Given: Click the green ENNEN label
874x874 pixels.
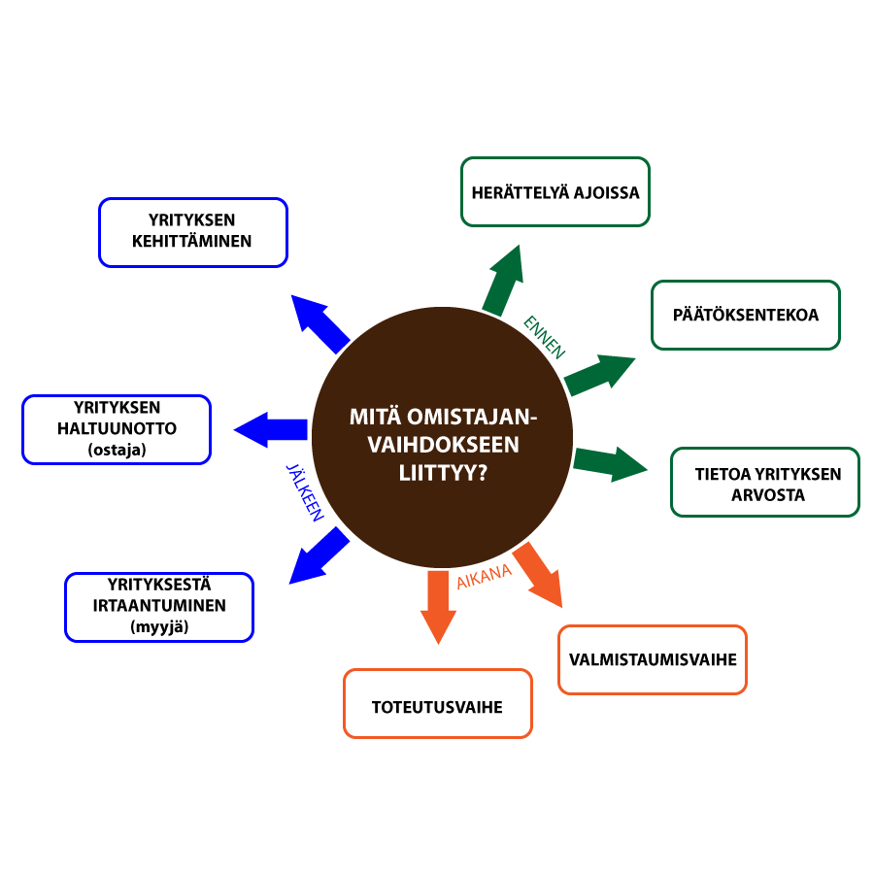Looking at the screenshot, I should [544, 337].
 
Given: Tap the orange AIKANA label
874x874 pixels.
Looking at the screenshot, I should [484, 577].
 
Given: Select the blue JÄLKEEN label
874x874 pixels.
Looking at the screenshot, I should [303, 493].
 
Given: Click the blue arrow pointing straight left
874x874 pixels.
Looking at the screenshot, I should [269, 429].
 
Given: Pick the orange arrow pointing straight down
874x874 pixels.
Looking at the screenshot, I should [438, 606].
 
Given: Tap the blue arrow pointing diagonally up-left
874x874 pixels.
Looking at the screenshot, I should [319, 323].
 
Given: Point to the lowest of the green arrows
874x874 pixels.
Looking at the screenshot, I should [610, 463].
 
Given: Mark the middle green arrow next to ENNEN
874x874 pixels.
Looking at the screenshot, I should [598, 375].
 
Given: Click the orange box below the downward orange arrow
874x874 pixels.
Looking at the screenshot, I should [438, 703].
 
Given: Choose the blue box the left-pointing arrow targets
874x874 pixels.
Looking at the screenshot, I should [117, 429].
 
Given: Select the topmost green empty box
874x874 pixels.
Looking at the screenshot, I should [555, 191].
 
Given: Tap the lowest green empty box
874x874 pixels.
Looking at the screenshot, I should [765, 482].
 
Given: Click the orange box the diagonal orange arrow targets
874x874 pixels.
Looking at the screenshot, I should [653, 659].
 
